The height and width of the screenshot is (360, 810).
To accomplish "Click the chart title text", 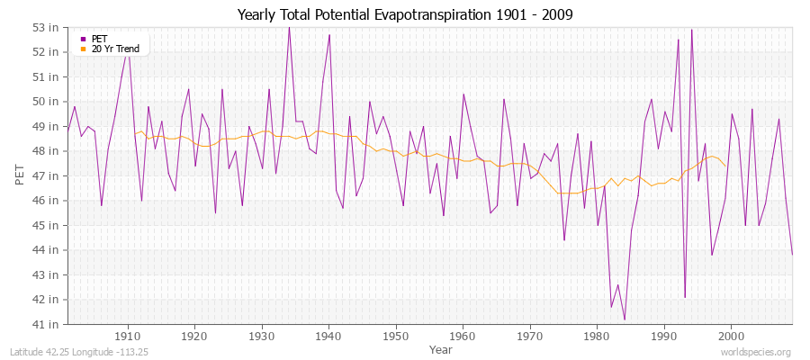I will point(404,14).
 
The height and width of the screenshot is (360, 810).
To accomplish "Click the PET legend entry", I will point(99,39).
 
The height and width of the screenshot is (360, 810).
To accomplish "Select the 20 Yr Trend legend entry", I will point(113,48).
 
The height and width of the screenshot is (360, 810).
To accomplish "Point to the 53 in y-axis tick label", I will point(47,27).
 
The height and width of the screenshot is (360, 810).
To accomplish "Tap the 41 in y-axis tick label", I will point(47,323).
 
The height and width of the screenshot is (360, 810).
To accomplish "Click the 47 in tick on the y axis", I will point(47,175).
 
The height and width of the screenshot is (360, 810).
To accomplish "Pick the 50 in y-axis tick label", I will point(47,101).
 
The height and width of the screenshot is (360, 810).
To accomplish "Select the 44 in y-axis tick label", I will point(47,249).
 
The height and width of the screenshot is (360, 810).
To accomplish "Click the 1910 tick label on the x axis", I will point(128,336).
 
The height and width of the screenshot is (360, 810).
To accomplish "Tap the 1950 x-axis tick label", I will point(395,336).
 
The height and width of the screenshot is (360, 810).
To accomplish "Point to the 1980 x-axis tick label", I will point(596,336).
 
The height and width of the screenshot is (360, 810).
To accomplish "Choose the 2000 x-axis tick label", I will point(730,336).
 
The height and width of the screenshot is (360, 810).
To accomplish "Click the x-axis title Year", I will point(428,348).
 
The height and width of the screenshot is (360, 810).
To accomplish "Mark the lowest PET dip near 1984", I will point(624,319).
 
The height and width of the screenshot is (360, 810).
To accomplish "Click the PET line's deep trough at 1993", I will point(685,296).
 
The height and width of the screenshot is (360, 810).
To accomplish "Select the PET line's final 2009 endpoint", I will point(792,255).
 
